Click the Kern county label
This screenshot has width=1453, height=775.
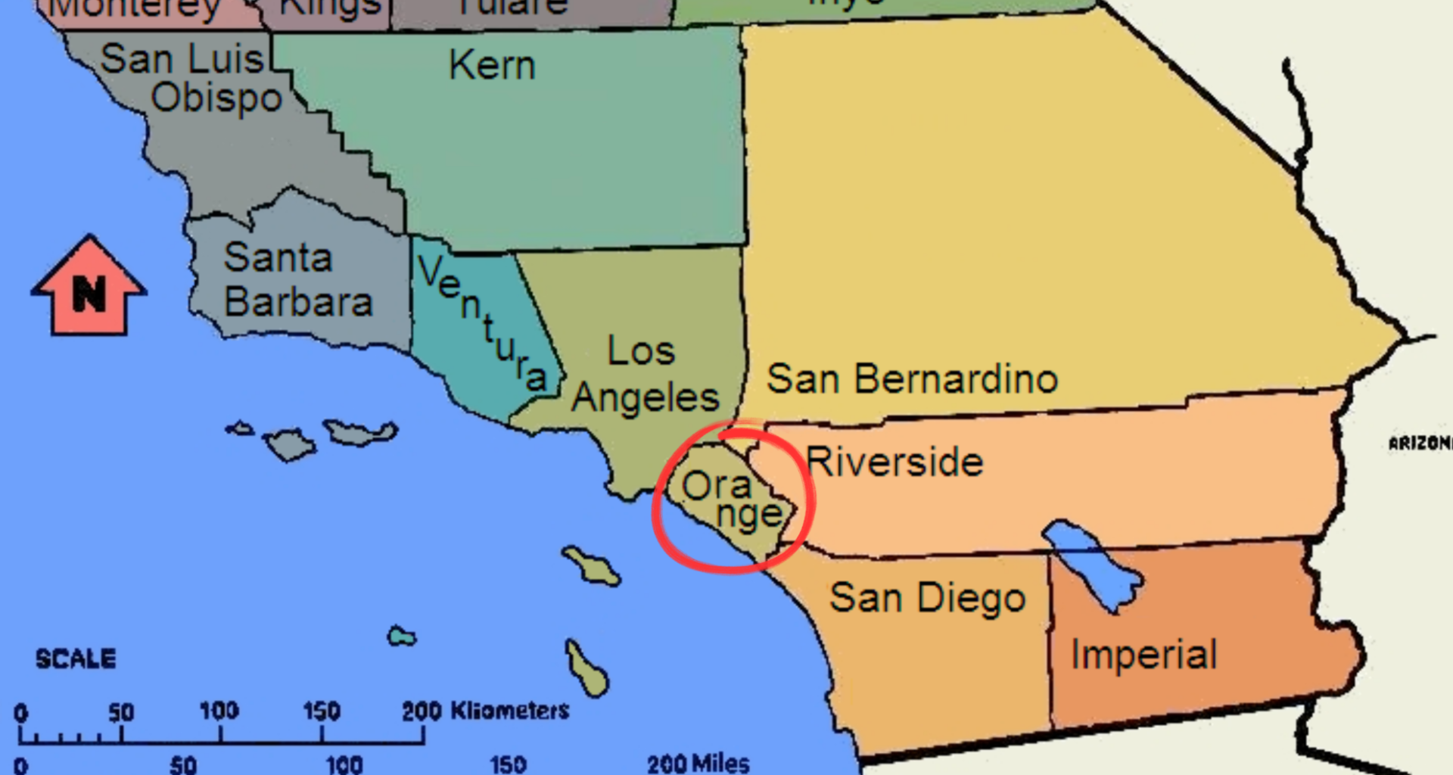[492, 65]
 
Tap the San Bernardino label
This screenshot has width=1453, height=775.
[912, 379]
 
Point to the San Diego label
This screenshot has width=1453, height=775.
[927, 599]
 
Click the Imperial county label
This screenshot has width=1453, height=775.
[1143, 655]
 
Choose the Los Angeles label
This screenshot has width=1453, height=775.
[644, 375]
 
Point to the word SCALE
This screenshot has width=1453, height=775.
[76, 658]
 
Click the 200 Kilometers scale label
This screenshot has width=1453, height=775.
[485, 711]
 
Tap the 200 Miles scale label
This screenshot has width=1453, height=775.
[698, 763]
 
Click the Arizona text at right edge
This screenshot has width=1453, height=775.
[1420, 444]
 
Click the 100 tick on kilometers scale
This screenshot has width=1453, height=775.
[219, 711]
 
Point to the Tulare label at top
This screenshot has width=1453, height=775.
[512, 7]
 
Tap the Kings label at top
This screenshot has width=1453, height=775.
[329, 8]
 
